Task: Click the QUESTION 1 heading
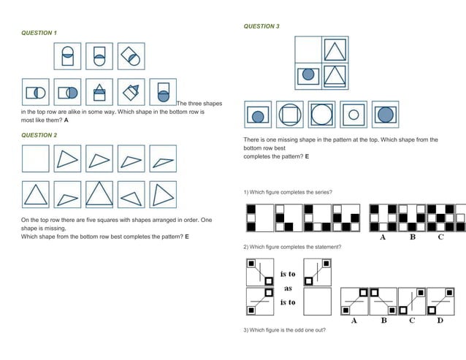click(x=39, y=33)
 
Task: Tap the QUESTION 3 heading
click(x=261, y=26)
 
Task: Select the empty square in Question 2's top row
click(x=36, y=159)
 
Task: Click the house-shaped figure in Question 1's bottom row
click(x=99, y=92)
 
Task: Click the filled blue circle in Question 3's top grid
click(x=309, y=74)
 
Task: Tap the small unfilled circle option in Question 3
click(x=354, y=114)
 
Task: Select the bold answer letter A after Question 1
click(x=66, y=120)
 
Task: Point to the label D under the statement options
click(x=439, y=321)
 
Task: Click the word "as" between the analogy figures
click(x=288, y=288)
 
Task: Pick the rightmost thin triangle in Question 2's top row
click(x=163, y=160)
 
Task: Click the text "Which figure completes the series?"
click(x=288, y=193)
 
